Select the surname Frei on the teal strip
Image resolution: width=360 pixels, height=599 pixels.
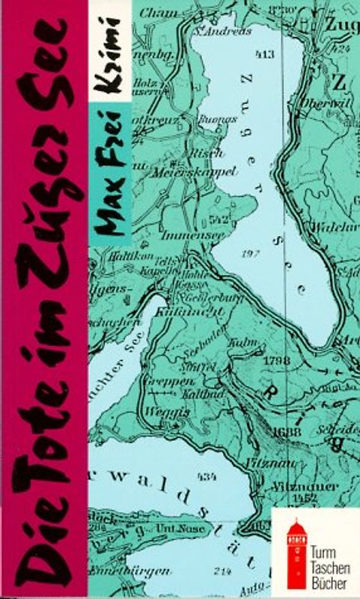(110, 140)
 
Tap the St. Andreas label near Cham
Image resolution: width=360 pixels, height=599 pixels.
(212, 31)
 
